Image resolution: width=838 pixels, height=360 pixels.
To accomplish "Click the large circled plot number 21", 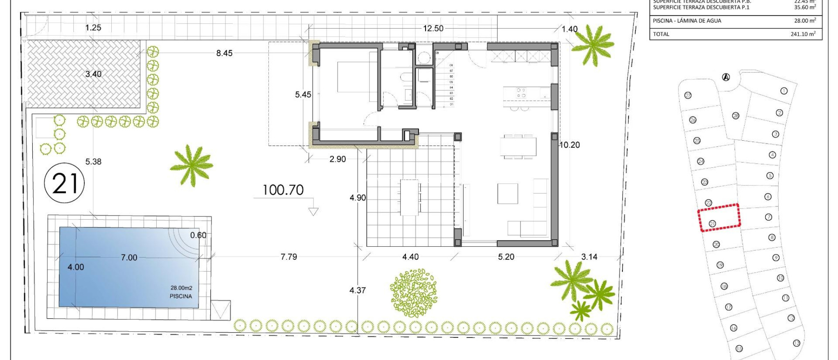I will pyautogui.click(x=64, y=183).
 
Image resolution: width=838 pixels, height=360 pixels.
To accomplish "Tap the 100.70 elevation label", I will pyautogui.click(x=283, y=190).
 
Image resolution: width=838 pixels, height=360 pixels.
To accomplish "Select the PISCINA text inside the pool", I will pyautogui.click(x=180, y=296).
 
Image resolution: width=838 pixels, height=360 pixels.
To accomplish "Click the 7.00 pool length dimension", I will pyautogui.click(x=129, y=257).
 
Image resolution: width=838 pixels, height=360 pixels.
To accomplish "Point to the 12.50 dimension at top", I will pyautogui.click(x=433, y=28).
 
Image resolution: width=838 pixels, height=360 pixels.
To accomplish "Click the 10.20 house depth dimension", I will pyautogui.click(x=569, y=145).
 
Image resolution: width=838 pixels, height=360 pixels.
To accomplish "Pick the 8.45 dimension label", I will pyautogui.click(x=224, y=53).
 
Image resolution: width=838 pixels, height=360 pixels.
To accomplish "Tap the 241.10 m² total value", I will pyautogui.click(x=803, y=34).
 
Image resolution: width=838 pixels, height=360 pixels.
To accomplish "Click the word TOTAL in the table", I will pyautogui.click(x=661, y=34).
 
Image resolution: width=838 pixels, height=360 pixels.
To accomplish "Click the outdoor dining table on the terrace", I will pyautogui.click(x=410, y=197).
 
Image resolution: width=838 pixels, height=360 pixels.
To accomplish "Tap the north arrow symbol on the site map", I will pyautogui.click(x=726, y=77).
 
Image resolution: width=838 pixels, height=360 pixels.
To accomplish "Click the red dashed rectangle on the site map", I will pyautogui.click(x=719, y=218).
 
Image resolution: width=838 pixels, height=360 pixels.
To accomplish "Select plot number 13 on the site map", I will pyautogui.click(x=796, y=343).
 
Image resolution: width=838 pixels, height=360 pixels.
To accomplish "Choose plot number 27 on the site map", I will pyautogui.click(x=688, y=95).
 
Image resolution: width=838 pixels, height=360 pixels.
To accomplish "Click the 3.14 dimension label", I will pyautogui.click(x=589, y=257).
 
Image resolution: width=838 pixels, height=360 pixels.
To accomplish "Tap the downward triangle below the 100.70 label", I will pyautogui.click(x=313, y=211).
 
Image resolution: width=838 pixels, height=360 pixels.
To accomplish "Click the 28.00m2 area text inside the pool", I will pyautogui.click(x=181, y=288).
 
